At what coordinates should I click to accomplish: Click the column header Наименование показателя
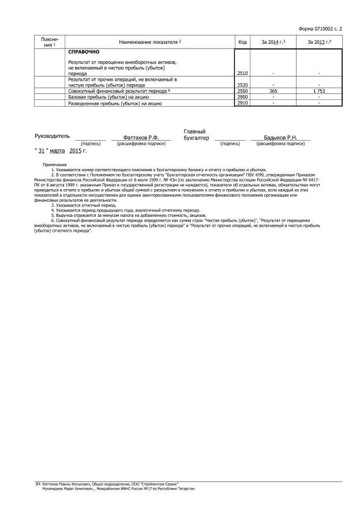pyautogui.click(x=149, y=42)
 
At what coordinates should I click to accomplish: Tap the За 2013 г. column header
pyautogui.click(x=319, y=42)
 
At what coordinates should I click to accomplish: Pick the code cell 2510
pyautogui.click(x=242, y=74)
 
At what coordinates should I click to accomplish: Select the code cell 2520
pyautogui.click(x=242, y=85)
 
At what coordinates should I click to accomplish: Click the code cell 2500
pyautogui.click(x=242, y=91)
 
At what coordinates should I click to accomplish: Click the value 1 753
pyautogui.click(x=319, y=91)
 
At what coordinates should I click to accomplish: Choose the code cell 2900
pyautogui.click(x=242, y=97)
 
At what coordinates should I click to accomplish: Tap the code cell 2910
pyautogui.click(x=242, y=103)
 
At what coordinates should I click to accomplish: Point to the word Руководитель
pyautogui.click(x=52, y=136)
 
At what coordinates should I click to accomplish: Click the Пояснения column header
pyautogui.click(x=50, y=42)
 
